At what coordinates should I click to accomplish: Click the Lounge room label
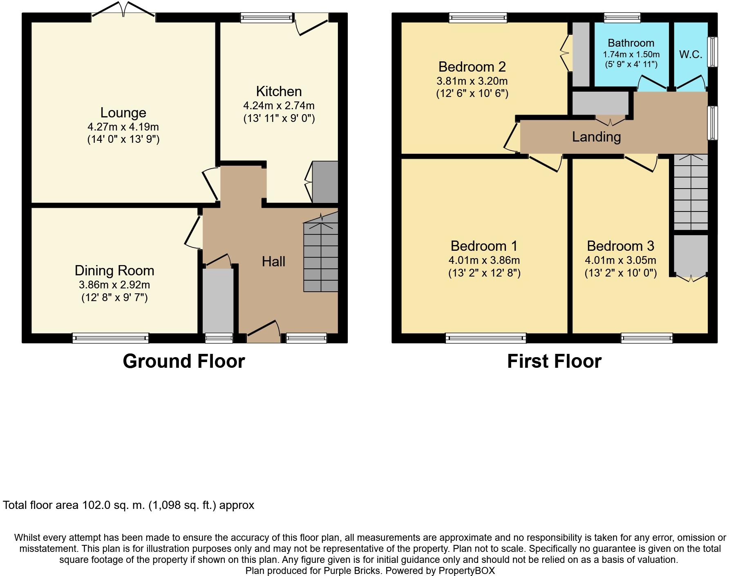click(123, 112)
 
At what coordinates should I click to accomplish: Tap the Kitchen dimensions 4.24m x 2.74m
click(279, 106)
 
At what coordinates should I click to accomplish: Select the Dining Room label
click(114, 270)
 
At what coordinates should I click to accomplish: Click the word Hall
click(273, 261)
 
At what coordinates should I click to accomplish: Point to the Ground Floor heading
click(183, 361)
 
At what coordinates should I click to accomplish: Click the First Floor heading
click(554, 361)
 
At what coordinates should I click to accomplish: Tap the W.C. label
click(691, 54)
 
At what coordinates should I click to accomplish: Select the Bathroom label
click(631, 43)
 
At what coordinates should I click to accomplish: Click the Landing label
click(596, 137)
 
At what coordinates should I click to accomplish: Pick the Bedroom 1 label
click(484, 246)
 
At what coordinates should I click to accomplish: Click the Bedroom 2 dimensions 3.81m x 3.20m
click(472, 81)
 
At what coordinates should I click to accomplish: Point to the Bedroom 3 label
click(620, 246)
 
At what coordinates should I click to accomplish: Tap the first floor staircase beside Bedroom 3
click(690, 192)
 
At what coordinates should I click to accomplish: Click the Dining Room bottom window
click(110, 338)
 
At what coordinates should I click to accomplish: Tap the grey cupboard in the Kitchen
click(325, 182)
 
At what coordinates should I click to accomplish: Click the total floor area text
click(128, 505)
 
